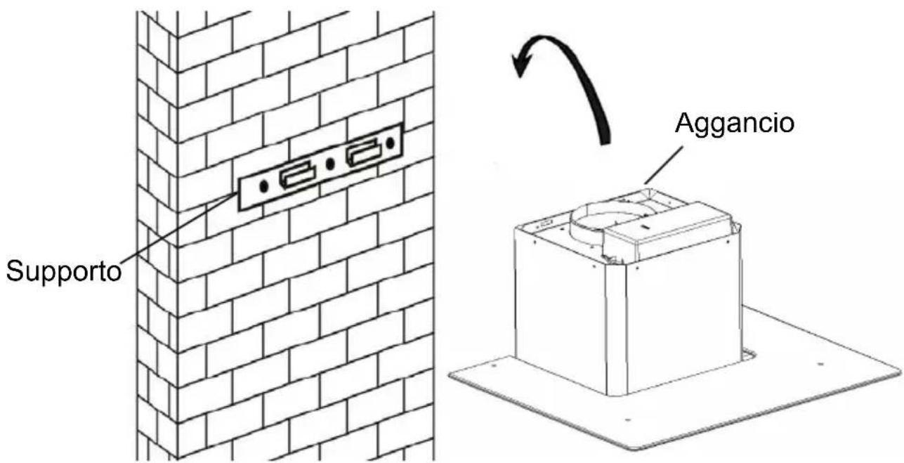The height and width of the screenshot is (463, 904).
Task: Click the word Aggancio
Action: tap(735, 124)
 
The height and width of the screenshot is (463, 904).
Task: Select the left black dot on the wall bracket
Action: tap(263, 186)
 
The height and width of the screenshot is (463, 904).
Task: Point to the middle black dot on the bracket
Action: tap(329, 164)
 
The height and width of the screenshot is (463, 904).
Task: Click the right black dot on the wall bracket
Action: tap(390, 143)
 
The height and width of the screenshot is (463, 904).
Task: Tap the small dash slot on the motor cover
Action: tap(646, 227)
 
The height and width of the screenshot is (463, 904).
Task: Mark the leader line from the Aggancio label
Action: tap(664, 165)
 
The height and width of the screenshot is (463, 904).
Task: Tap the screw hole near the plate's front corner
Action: tap(627, 420)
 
